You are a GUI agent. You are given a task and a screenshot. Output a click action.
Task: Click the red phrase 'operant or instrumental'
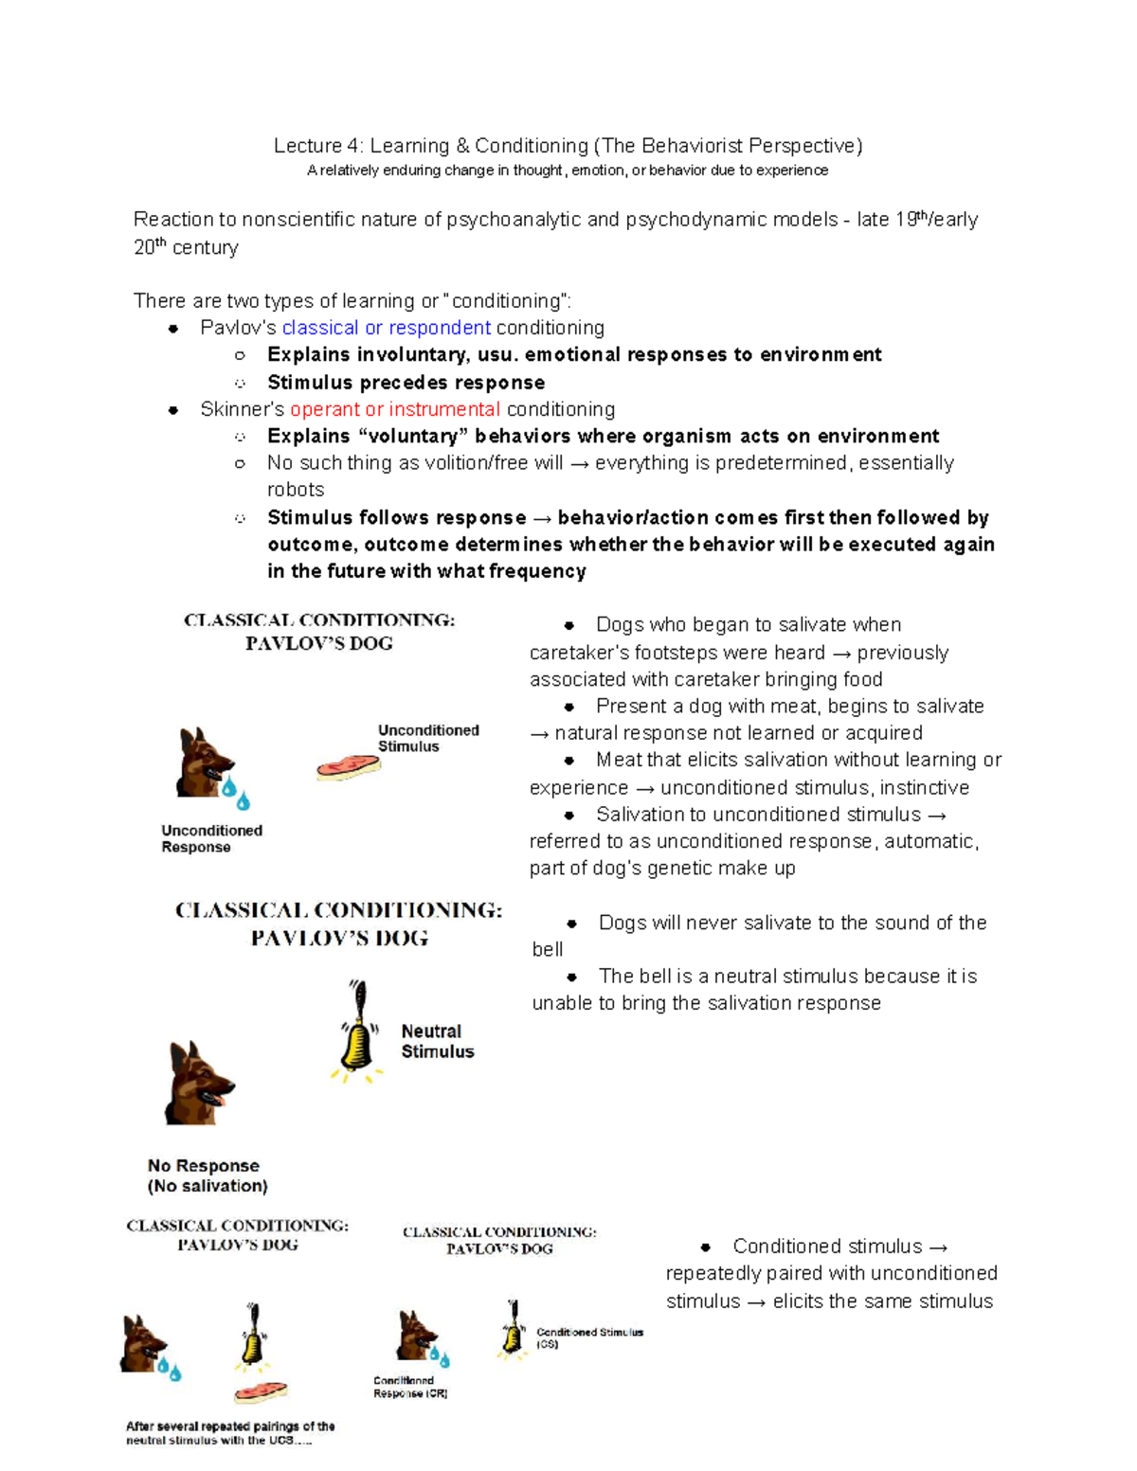click(394, 409)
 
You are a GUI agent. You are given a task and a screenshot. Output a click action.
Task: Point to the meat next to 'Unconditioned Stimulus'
click(348, 765)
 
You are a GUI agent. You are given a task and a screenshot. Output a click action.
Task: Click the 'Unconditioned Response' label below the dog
click(211, 838)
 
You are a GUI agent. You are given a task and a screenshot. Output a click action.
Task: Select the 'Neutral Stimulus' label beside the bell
click(437, 1041)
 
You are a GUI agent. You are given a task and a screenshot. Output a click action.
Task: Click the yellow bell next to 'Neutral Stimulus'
click(357, 1035)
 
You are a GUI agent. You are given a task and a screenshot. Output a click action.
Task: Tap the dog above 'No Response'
click(198, 1084)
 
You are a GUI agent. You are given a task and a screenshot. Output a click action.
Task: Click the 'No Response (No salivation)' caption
click(207, 1175)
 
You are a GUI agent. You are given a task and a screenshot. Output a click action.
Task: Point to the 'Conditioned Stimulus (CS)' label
click(588, 1336)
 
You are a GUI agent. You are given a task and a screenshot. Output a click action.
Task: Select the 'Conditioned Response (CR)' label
click(409, 1387)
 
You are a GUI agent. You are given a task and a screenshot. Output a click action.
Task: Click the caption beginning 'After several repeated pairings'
click(230, 1432)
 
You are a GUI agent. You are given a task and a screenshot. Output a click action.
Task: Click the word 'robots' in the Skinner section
click(296, 490)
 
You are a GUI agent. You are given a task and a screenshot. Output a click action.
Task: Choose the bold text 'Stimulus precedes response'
click(406, 383)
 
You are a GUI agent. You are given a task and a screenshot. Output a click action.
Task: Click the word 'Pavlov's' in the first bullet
click(238, 328)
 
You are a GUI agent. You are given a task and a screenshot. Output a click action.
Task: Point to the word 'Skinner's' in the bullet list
click(242, 409)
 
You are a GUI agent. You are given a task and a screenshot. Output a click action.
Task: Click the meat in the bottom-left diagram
click(261, 1392)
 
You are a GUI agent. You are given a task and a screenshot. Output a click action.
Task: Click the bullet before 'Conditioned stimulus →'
click(705, 1247)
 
